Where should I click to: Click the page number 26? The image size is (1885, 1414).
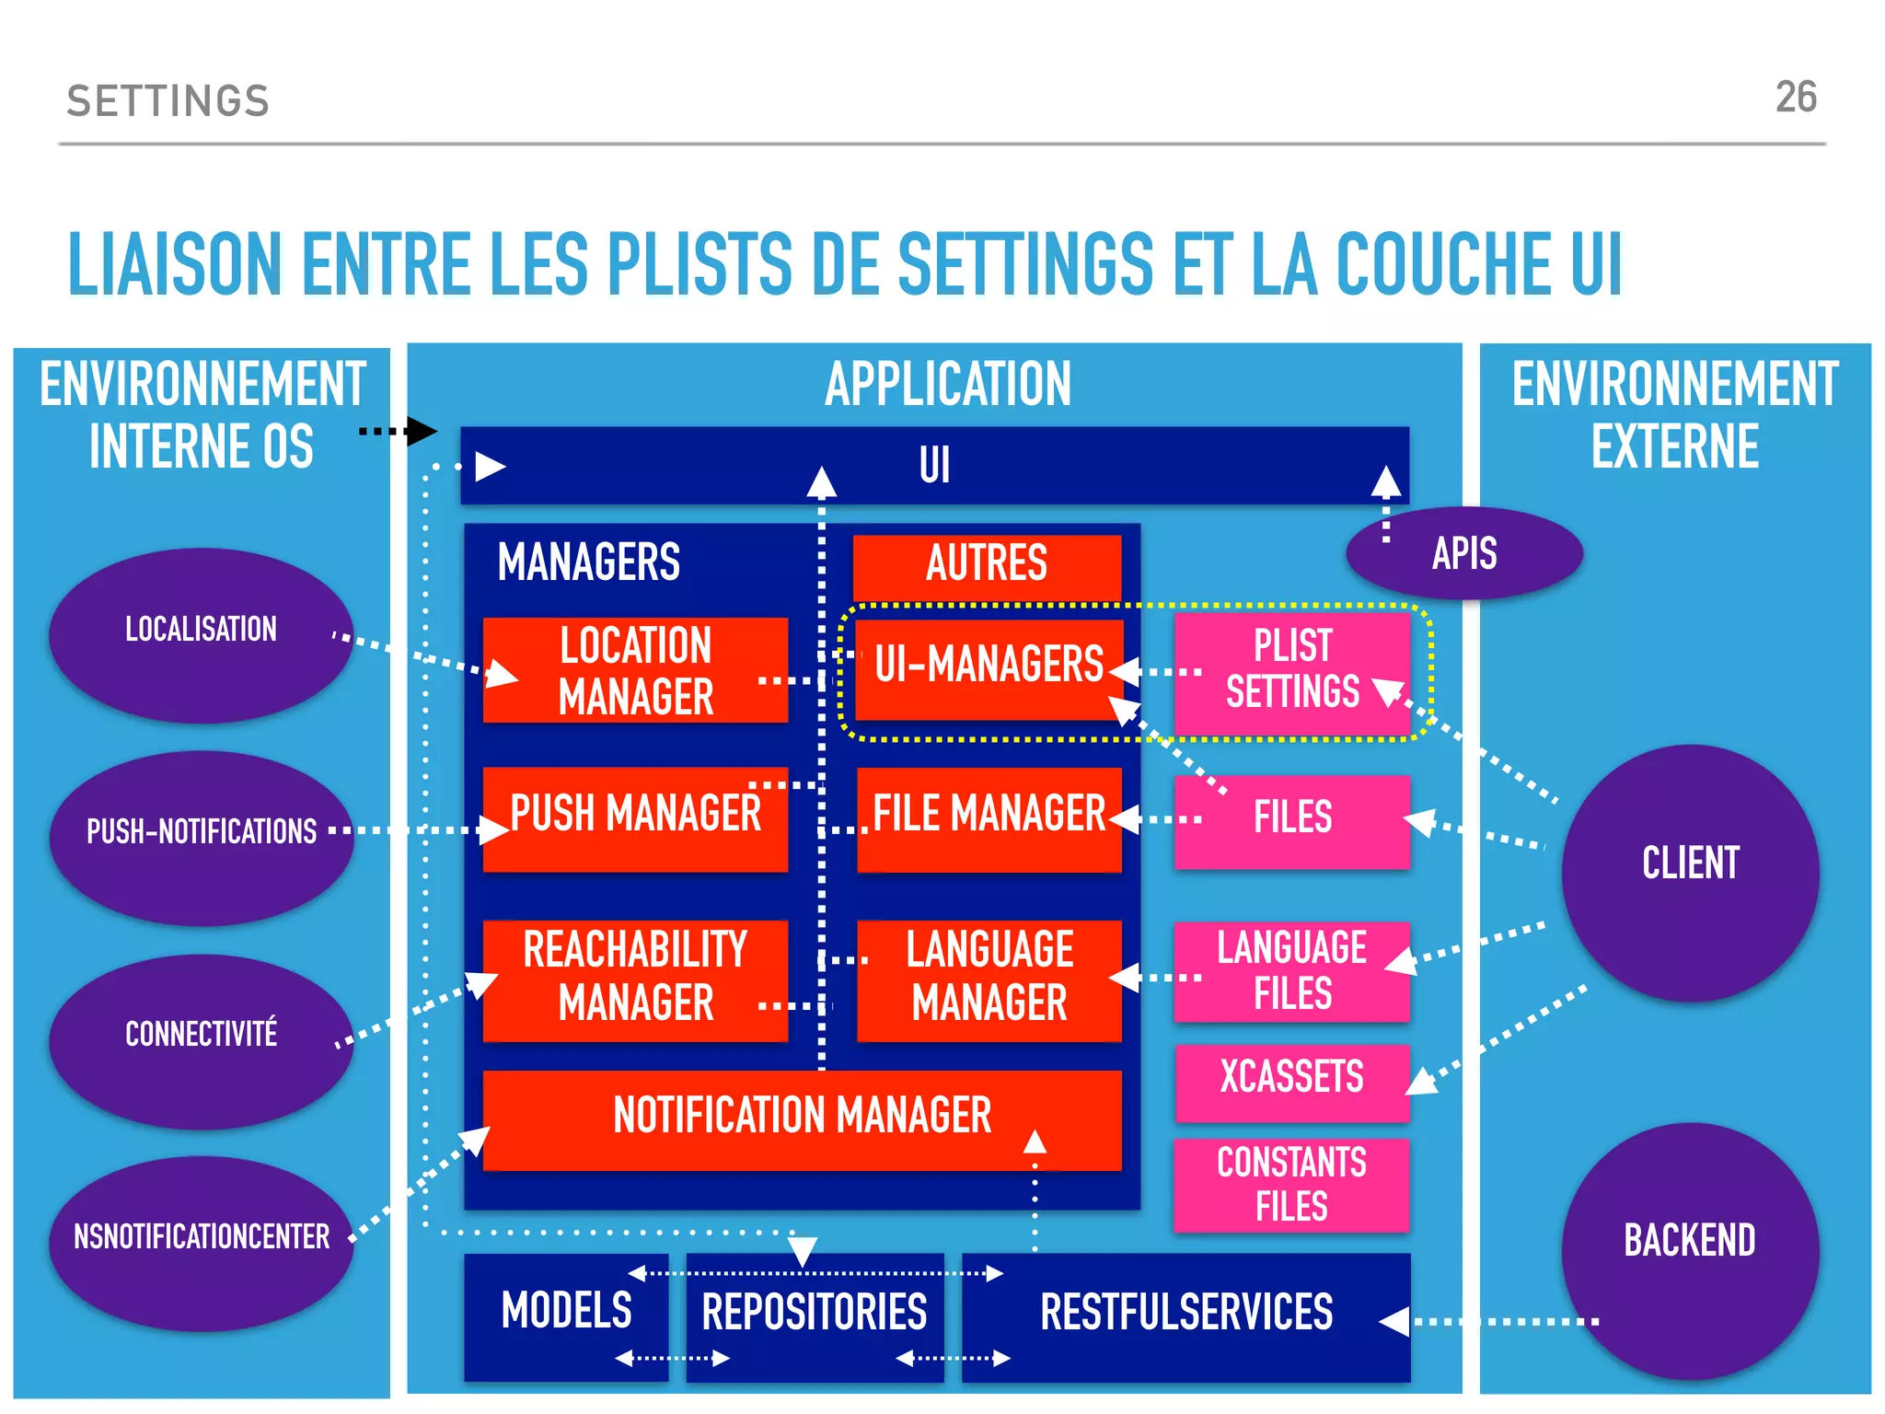click(x=1795, y=98)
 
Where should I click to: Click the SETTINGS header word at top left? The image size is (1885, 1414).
click(x=168, y=101)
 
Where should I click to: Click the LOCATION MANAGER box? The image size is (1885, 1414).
click(x=635, y=670)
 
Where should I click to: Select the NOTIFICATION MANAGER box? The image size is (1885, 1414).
click(x=801, y=1118)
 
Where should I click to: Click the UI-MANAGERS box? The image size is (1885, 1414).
click(x=988, y=667)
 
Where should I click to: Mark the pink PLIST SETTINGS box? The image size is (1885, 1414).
click(x=1291, y=672)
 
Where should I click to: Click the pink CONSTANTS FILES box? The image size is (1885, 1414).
click(x=1291, y=1184)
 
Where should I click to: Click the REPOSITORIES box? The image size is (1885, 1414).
click(x=815, y=1315)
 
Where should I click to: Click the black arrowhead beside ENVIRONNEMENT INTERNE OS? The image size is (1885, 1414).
click(x=421, y=430)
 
